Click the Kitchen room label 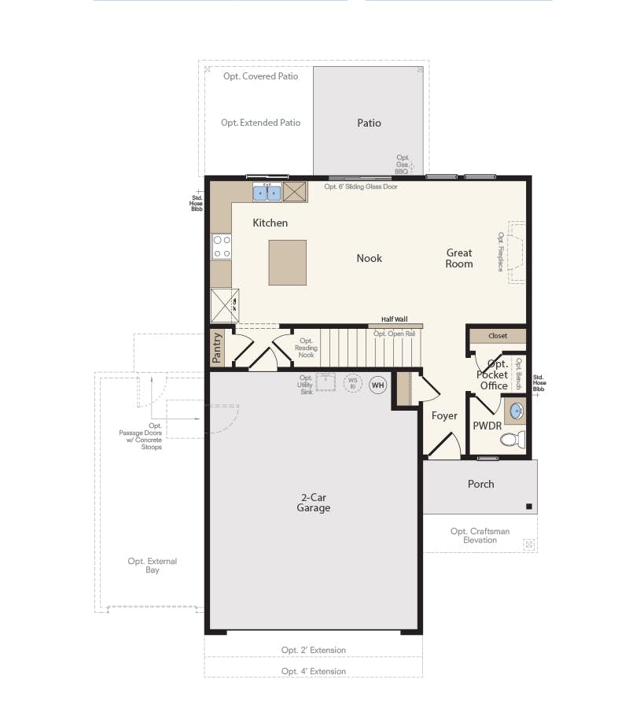(x=270, y=223)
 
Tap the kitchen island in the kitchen (x=287, y=263)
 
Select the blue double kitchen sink (x=267, y=192)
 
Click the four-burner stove (x=222, y=247)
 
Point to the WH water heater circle (x=378, y=385)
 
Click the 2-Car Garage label (x=314, y=503)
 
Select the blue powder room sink (x=516, y=411)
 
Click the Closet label (x=498, y=336)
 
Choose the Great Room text (x=459, y=258)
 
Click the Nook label (x=369, y=258)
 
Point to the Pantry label (x=218, y=348)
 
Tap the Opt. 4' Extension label (x=314, y=671)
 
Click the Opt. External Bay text (x=153, y=566)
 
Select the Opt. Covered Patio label (x=260, y=76)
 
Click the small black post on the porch (x=529, y=506)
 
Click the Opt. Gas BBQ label (x=403, y=164)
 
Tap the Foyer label (x=444, y=415)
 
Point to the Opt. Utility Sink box (x=326, y=382)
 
